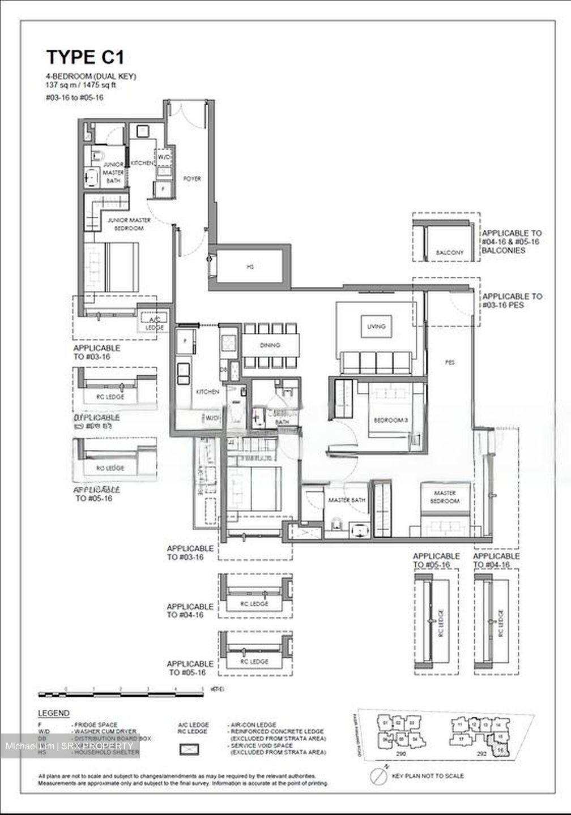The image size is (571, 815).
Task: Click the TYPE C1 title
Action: [x=85, y=57]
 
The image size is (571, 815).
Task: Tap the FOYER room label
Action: [x=192, y=179]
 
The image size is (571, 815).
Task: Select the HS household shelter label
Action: [x=250, y=267]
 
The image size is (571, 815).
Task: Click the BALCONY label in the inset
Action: [x=449, y=252]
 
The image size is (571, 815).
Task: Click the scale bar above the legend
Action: [x=121, y=692]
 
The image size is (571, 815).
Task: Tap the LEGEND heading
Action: [x=54, y=713]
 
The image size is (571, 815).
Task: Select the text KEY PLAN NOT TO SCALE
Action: [x=428, y=775]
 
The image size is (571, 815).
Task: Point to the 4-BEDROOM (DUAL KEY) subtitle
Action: [x=91, y=76]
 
